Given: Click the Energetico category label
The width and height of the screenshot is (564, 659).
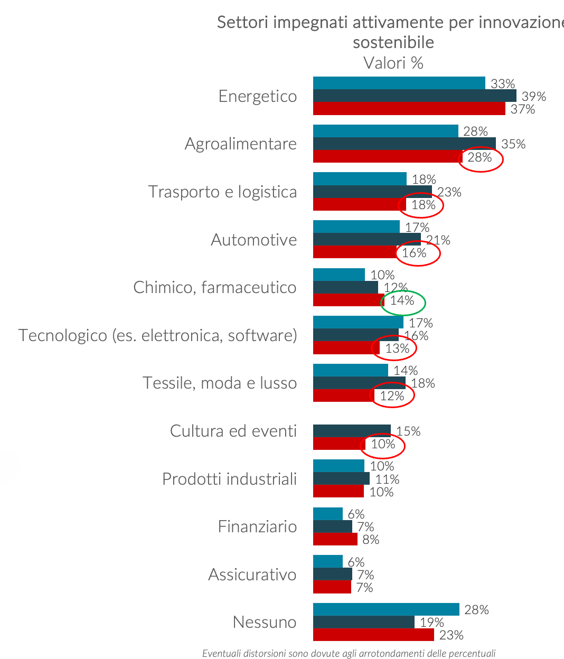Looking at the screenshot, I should click(258, 96).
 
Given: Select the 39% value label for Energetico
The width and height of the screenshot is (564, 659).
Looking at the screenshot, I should click(533, 97).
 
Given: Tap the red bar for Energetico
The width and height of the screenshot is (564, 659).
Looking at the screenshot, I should click(409, 109).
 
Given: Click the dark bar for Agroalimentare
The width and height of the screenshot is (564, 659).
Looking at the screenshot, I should click(404, 144).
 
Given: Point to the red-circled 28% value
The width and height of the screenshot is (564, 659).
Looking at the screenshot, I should click(480, 157).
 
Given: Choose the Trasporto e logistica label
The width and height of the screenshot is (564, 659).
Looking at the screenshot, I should click(222, 192).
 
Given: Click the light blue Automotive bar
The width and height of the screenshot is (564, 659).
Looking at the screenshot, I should click(356, 227).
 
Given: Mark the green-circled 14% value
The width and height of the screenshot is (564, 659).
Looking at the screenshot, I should click(402, 301).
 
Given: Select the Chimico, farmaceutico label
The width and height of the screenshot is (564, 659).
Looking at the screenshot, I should click(214, 287).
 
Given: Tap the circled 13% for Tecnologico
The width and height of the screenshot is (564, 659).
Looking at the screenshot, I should click(397, 349).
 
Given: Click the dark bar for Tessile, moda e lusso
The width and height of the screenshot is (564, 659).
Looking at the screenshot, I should click(359, 383).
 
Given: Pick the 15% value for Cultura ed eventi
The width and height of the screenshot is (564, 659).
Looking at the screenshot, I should click(408, 431).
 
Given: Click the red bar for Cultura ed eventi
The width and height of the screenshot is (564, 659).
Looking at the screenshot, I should click(339, 444).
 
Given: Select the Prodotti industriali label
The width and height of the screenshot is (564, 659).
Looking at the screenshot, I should click(229, 479).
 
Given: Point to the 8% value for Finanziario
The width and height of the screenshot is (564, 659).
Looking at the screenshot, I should click(371, 540).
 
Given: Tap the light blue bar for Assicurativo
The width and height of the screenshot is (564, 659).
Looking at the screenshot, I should click(327, 561).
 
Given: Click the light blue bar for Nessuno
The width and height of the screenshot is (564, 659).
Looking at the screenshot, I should click(386, 609).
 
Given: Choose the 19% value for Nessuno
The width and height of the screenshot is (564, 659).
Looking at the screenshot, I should click(431, 623).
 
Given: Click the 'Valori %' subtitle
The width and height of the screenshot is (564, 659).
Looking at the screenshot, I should click(393, 63).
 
